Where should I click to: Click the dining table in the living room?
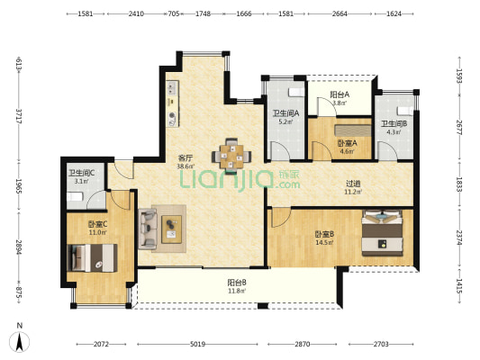(231, 156)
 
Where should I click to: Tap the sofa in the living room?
(148, 229)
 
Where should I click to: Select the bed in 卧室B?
(382, 233)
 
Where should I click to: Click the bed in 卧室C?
(92, 257)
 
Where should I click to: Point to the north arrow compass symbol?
(20, 341)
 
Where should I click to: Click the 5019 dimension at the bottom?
(197, 345)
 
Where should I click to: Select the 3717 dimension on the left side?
(19, 116)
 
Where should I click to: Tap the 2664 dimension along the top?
(340, 13)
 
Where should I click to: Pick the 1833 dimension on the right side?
(458, 184)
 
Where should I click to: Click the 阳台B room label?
(237, 283)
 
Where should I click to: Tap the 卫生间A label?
(285, 113)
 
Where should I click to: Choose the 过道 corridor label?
(353, 184)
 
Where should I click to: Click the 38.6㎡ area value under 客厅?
(186, 166)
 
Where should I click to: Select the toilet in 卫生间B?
(404, 111)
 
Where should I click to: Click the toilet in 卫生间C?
(75, 196)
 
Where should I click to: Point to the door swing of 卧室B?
(281, 218)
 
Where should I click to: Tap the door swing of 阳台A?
(327, 107)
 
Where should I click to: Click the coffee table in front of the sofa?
(171, 229)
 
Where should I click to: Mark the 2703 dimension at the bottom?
(381, 345)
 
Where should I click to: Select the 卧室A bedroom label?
(348, 143)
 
